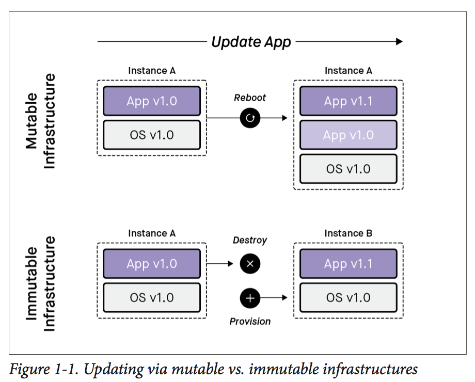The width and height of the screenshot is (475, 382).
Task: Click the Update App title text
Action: coord(251,42)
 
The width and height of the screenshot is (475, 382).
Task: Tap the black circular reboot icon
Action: coord(250,118)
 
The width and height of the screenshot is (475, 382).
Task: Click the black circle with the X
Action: coord(250,264)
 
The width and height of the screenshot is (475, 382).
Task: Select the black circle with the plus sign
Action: coord(250,298)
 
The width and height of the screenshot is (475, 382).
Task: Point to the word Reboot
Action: coord(250,98)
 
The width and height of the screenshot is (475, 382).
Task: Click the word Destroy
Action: coord(250,240)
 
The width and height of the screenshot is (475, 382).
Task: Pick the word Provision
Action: coord(250,321)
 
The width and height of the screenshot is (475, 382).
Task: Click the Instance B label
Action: coord(348,233)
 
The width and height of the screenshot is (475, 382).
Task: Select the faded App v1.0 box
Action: coord(348,135)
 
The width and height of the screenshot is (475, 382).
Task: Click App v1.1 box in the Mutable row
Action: coord(348,101)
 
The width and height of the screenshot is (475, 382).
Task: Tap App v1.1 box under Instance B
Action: coord(348,264)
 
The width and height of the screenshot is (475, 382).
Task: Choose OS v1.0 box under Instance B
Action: coord(348,298)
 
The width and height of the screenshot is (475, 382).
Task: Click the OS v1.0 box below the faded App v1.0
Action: coord(348,169)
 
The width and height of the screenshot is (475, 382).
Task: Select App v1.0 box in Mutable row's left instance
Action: coord(151,101)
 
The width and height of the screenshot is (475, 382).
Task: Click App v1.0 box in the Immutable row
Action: coord(151,264)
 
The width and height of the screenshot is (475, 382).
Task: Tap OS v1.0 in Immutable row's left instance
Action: coord(151,298)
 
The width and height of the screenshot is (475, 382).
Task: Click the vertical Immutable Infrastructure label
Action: coord(40,283)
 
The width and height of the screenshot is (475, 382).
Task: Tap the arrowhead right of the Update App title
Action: coord(399,42)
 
